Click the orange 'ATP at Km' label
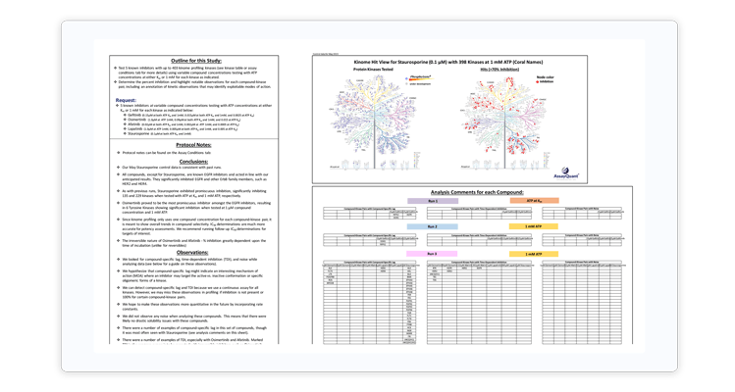(x=548, y=200)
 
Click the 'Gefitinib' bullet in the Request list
(x=131, y=114)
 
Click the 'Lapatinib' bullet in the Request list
(x=131, y=127)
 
